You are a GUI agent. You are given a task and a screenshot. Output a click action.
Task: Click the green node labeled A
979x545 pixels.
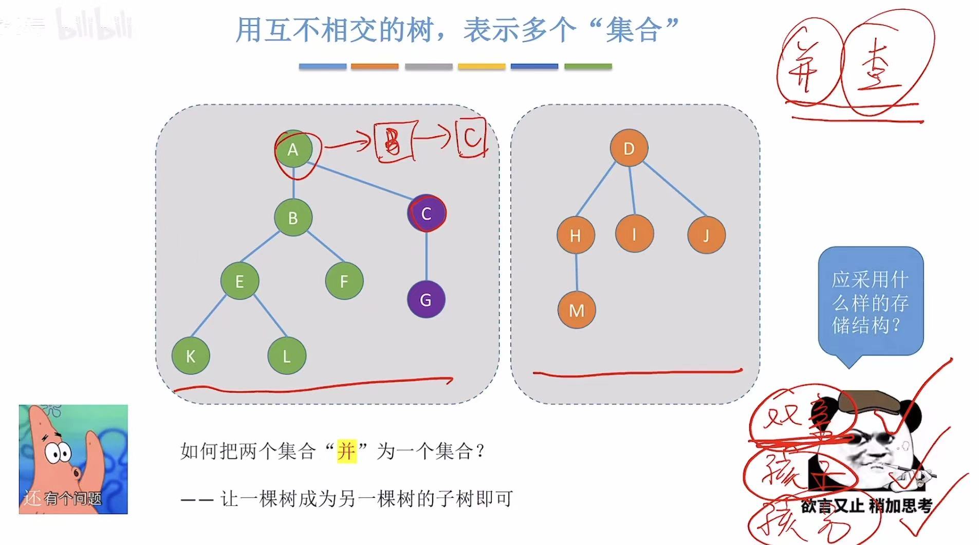point(293,149)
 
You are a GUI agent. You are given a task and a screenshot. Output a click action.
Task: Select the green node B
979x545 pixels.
point(293,218)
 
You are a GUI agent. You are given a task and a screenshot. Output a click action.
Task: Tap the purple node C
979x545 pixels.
point(426,213)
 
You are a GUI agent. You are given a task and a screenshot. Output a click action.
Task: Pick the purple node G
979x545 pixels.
point(426,299)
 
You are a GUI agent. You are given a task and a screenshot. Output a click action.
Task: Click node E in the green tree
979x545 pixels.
point(239,281)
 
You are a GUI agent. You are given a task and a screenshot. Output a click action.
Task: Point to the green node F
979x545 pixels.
point(344,281)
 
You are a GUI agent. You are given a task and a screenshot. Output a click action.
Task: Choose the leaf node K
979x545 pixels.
point(191,355)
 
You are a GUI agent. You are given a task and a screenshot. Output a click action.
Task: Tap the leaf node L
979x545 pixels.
point(287,355)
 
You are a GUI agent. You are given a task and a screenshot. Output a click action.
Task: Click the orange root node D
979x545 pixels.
point(629,148)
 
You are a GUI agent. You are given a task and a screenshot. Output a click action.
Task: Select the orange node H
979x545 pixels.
point(575,235)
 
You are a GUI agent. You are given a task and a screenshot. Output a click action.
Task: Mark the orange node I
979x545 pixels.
point(634,234)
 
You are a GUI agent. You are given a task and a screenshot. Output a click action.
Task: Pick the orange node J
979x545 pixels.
point(706,235)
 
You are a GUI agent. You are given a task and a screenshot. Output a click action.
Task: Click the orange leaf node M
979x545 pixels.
point(576,310)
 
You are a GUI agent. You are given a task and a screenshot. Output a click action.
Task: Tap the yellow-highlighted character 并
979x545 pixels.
point(346,452)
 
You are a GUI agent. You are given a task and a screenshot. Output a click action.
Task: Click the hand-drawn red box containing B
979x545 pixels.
point(394,141)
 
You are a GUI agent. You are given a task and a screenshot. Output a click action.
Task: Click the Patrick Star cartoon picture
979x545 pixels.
point(73,459)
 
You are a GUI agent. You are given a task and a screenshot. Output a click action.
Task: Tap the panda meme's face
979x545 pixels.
point(869,442)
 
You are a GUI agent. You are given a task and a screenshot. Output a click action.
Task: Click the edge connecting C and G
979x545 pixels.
point(426,257)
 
